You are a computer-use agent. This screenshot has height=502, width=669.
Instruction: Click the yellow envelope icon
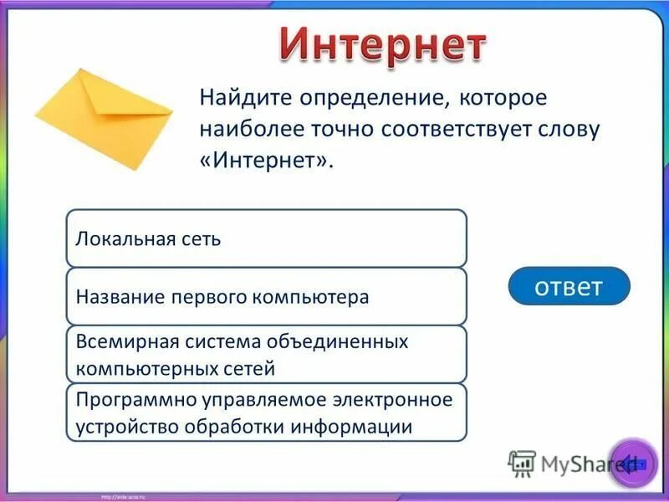(x=102, y=118)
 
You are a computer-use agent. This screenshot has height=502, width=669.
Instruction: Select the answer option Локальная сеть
(x=266, y=238)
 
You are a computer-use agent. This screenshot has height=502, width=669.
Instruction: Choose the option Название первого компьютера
(x=266, y=297)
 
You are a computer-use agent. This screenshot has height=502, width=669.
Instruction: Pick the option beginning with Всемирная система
(x=266, y=355)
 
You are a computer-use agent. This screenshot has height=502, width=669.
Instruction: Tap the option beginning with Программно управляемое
(x=266, y=412)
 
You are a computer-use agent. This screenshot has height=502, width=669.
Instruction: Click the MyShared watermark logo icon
(x=522, y=463)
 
